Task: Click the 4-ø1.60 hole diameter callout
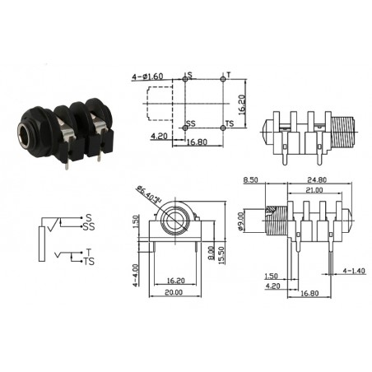151,77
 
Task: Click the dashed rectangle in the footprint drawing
160,105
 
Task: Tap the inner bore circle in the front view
174,222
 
